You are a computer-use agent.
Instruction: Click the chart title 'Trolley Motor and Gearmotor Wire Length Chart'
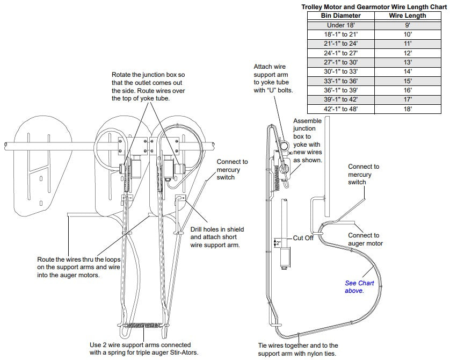(x=374, y=6)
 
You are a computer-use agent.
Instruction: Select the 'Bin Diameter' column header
(x=340, y=16)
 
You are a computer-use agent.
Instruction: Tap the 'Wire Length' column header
(x=408, y=16)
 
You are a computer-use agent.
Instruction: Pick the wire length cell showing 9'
(x=408, y=25)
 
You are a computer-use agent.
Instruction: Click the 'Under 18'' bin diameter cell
(x=340, y=25)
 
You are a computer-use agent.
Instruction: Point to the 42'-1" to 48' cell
(x=340, y=109)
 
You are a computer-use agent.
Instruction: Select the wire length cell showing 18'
(x=408, y=109)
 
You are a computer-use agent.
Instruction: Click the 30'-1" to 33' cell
(x=340, y=71)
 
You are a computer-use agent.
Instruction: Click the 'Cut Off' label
(x=303, y=238)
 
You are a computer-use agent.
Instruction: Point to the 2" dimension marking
(x=278, y=242)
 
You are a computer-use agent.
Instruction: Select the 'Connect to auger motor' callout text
(x=364, y=239)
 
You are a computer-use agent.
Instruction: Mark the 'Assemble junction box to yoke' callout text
(x=308, y=141)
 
